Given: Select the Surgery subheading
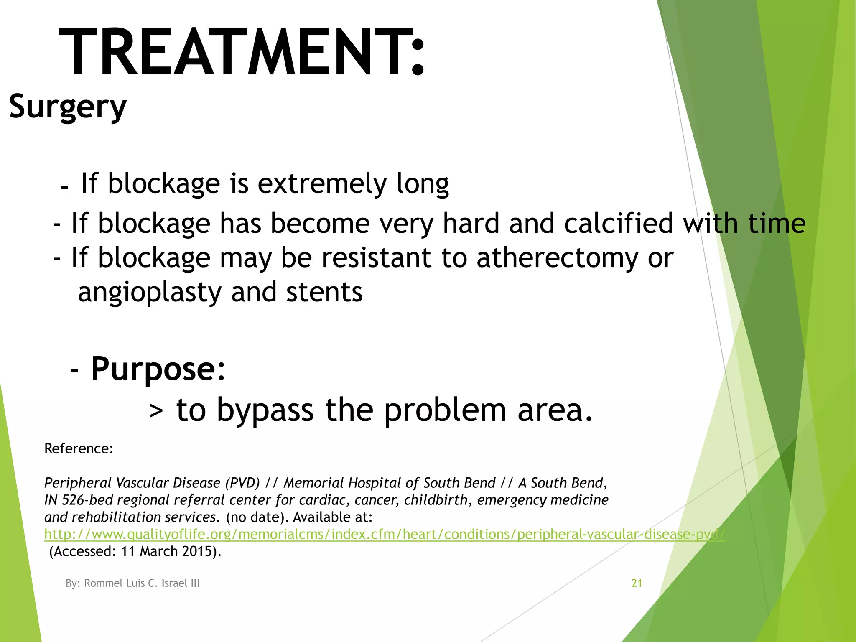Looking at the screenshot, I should click(67, 107).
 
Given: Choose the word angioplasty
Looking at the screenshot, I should click(149, 293).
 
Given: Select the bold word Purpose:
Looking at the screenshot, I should click(158, 369).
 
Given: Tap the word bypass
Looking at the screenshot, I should click(265, 410).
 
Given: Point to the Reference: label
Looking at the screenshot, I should click(79, 449).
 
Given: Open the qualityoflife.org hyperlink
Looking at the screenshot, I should click(385, 535).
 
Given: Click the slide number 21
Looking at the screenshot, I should click(637, 583).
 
